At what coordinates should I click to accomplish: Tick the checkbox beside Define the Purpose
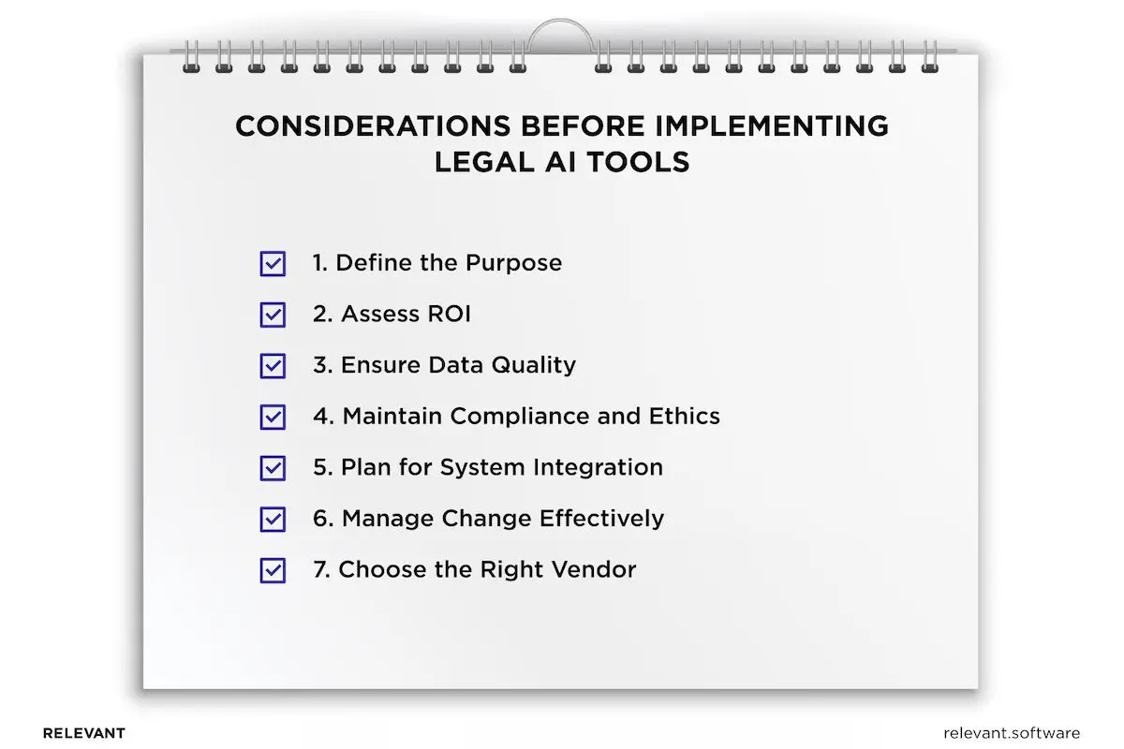273,263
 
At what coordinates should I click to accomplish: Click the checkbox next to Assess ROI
273,315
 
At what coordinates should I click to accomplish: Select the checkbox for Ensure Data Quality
273,366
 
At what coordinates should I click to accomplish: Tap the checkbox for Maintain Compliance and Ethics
273,417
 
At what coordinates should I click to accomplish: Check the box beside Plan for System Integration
273,468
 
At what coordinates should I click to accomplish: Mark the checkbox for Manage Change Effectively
273,520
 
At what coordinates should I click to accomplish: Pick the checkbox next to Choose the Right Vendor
273,570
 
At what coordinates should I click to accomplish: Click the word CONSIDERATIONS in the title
373,125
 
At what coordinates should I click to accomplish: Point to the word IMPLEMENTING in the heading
772,125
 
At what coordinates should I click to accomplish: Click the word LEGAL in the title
484,162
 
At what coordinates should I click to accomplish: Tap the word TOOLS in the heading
638,162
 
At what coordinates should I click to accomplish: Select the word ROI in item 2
449,314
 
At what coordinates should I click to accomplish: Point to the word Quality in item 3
533,366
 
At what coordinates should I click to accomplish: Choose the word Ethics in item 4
684,416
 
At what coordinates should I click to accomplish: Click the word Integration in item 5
598,468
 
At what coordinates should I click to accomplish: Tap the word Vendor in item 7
594,569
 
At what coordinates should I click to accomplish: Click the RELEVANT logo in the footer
83,733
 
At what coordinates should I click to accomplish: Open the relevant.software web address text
1012,733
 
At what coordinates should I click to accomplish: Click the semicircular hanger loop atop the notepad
560,22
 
